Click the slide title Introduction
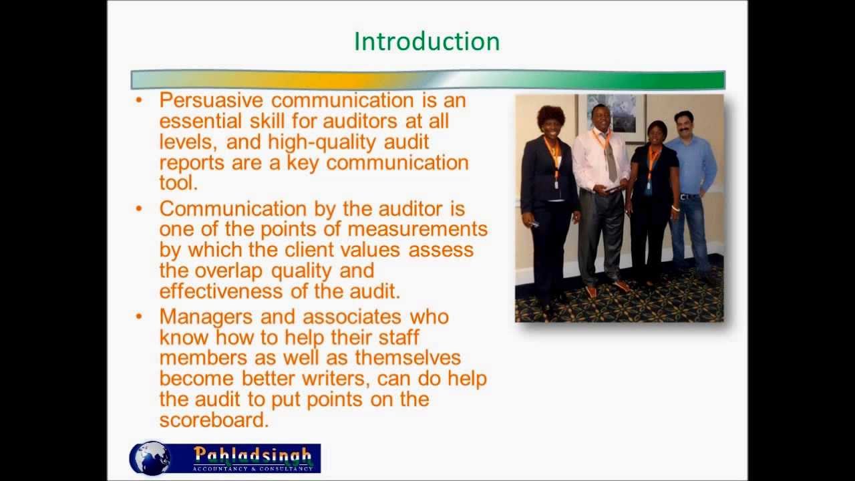tap(426, 41)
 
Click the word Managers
tap(206, 316)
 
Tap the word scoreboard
tap(212, 420)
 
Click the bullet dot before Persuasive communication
tap(139, 101)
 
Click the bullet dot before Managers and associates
tap(139, 316)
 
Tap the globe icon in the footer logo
tap(151, 458)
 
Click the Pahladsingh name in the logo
tap(252, 455)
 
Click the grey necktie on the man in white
tap(610, 158)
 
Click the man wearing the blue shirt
tap(692, 187)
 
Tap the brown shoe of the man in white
tap(591, 291)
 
